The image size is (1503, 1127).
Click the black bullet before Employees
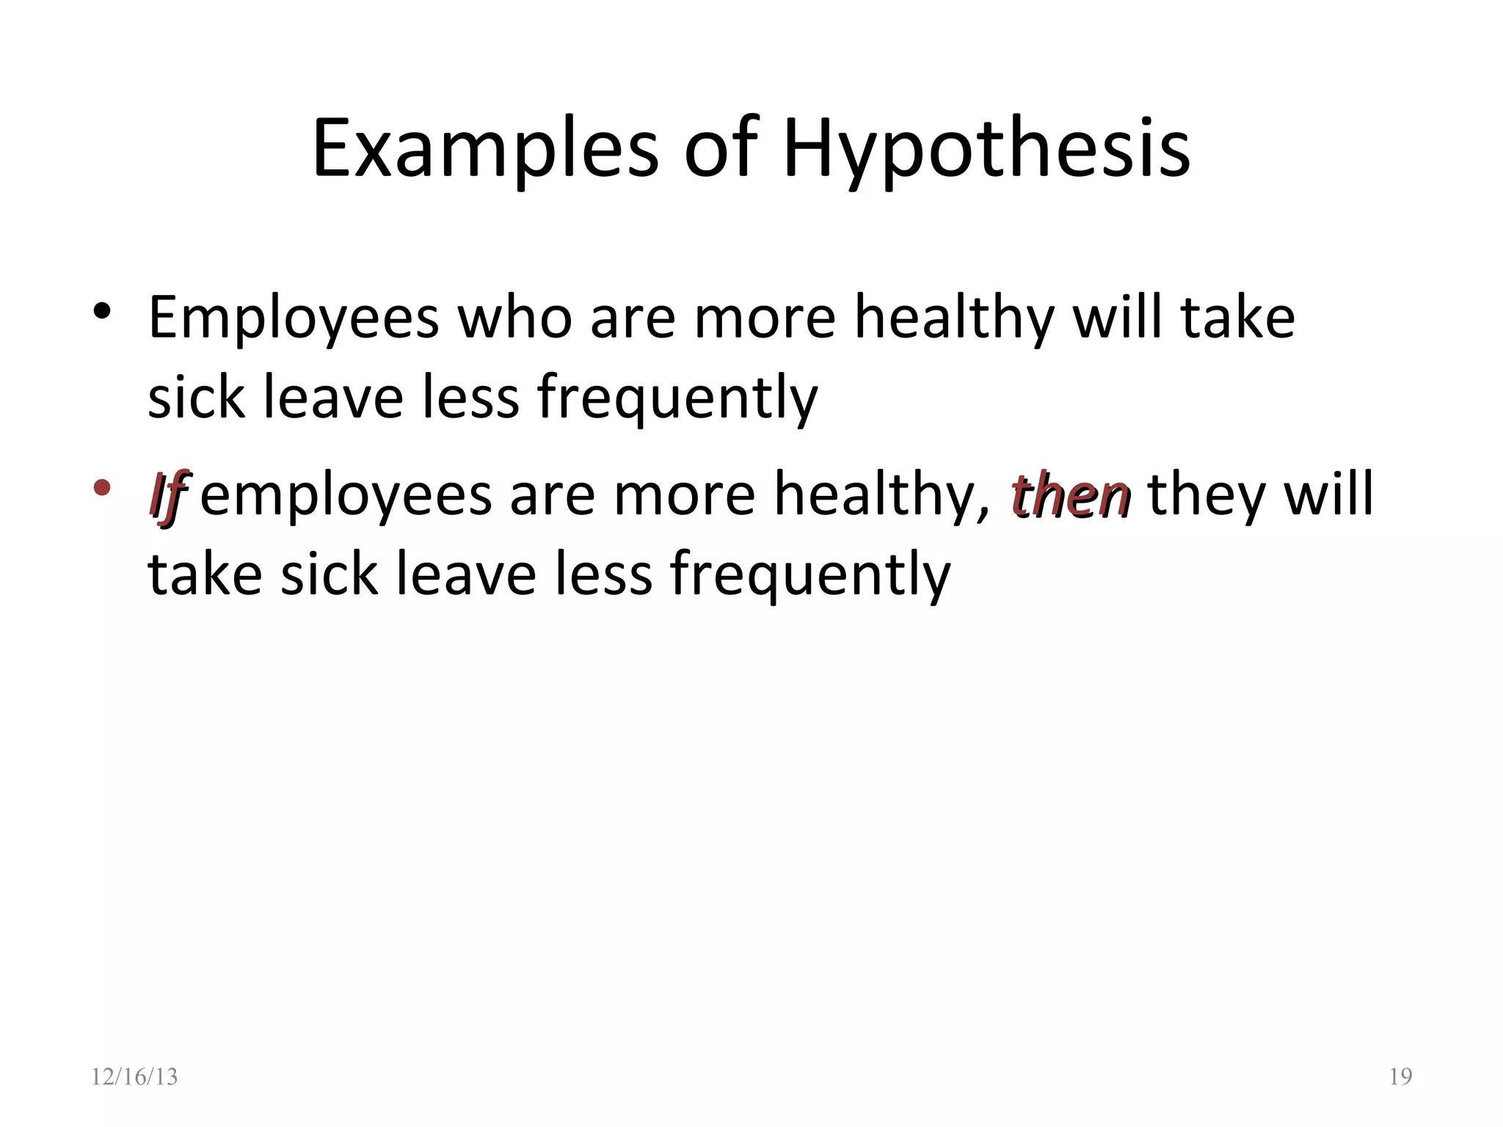101,311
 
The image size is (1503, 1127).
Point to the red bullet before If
101,487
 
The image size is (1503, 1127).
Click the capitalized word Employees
294,319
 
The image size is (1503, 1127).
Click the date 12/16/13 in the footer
134,1076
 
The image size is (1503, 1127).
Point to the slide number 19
1400,1076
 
